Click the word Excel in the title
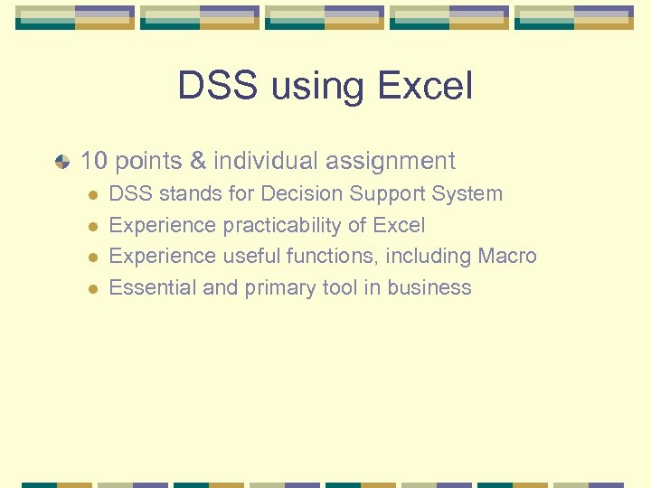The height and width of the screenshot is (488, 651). coord(425,87)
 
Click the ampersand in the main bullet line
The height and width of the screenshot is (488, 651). coord(198,161)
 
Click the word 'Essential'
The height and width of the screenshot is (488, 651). coord(148,287)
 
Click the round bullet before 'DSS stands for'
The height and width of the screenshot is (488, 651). coord(90,194)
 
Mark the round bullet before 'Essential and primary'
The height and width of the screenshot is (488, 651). coord(90,288)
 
